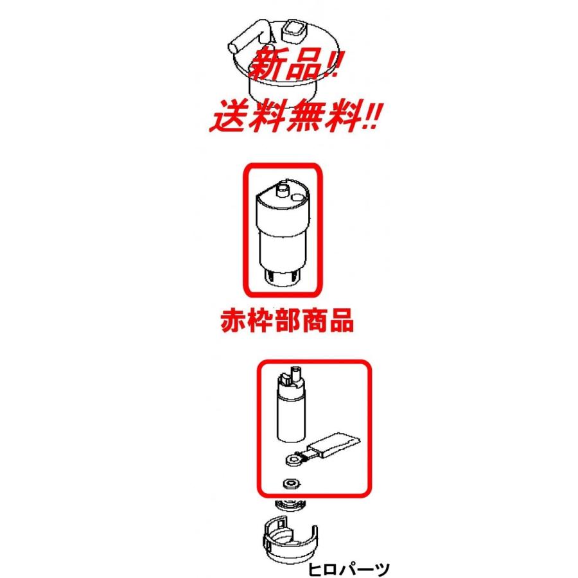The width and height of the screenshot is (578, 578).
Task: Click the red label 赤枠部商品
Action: [284, 321]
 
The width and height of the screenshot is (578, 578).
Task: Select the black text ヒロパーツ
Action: [349, 568]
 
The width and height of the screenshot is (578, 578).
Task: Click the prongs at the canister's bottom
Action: [283, 277]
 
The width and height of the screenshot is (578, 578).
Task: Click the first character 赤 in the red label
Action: [225, 321]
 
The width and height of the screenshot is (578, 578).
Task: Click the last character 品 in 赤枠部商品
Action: [342, 321]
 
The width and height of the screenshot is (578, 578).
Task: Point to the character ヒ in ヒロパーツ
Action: [315, 568]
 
